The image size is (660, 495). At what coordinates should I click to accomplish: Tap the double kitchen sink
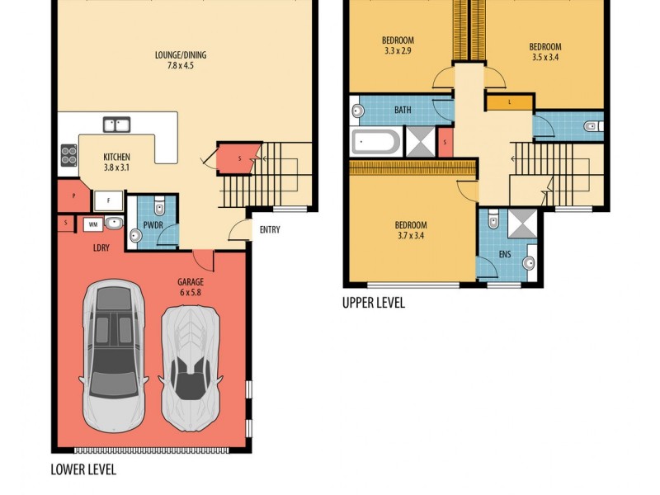tap(116, 125)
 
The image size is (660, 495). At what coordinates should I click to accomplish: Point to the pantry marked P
tap(74, 196)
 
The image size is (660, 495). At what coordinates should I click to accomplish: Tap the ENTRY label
tap(269, 230)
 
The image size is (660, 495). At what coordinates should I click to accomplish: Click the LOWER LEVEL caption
tap(83, 470)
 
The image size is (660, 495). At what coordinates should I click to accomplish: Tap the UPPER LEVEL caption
tap(374, 303)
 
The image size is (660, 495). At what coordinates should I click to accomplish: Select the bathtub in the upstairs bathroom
tap(376, 143)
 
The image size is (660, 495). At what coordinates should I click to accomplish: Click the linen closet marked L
tap(508, 102)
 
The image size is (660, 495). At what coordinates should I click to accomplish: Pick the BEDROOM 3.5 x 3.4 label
tap(545, 52)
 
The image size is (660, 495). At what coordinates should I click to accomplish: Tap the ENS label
tap(505, 254)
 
